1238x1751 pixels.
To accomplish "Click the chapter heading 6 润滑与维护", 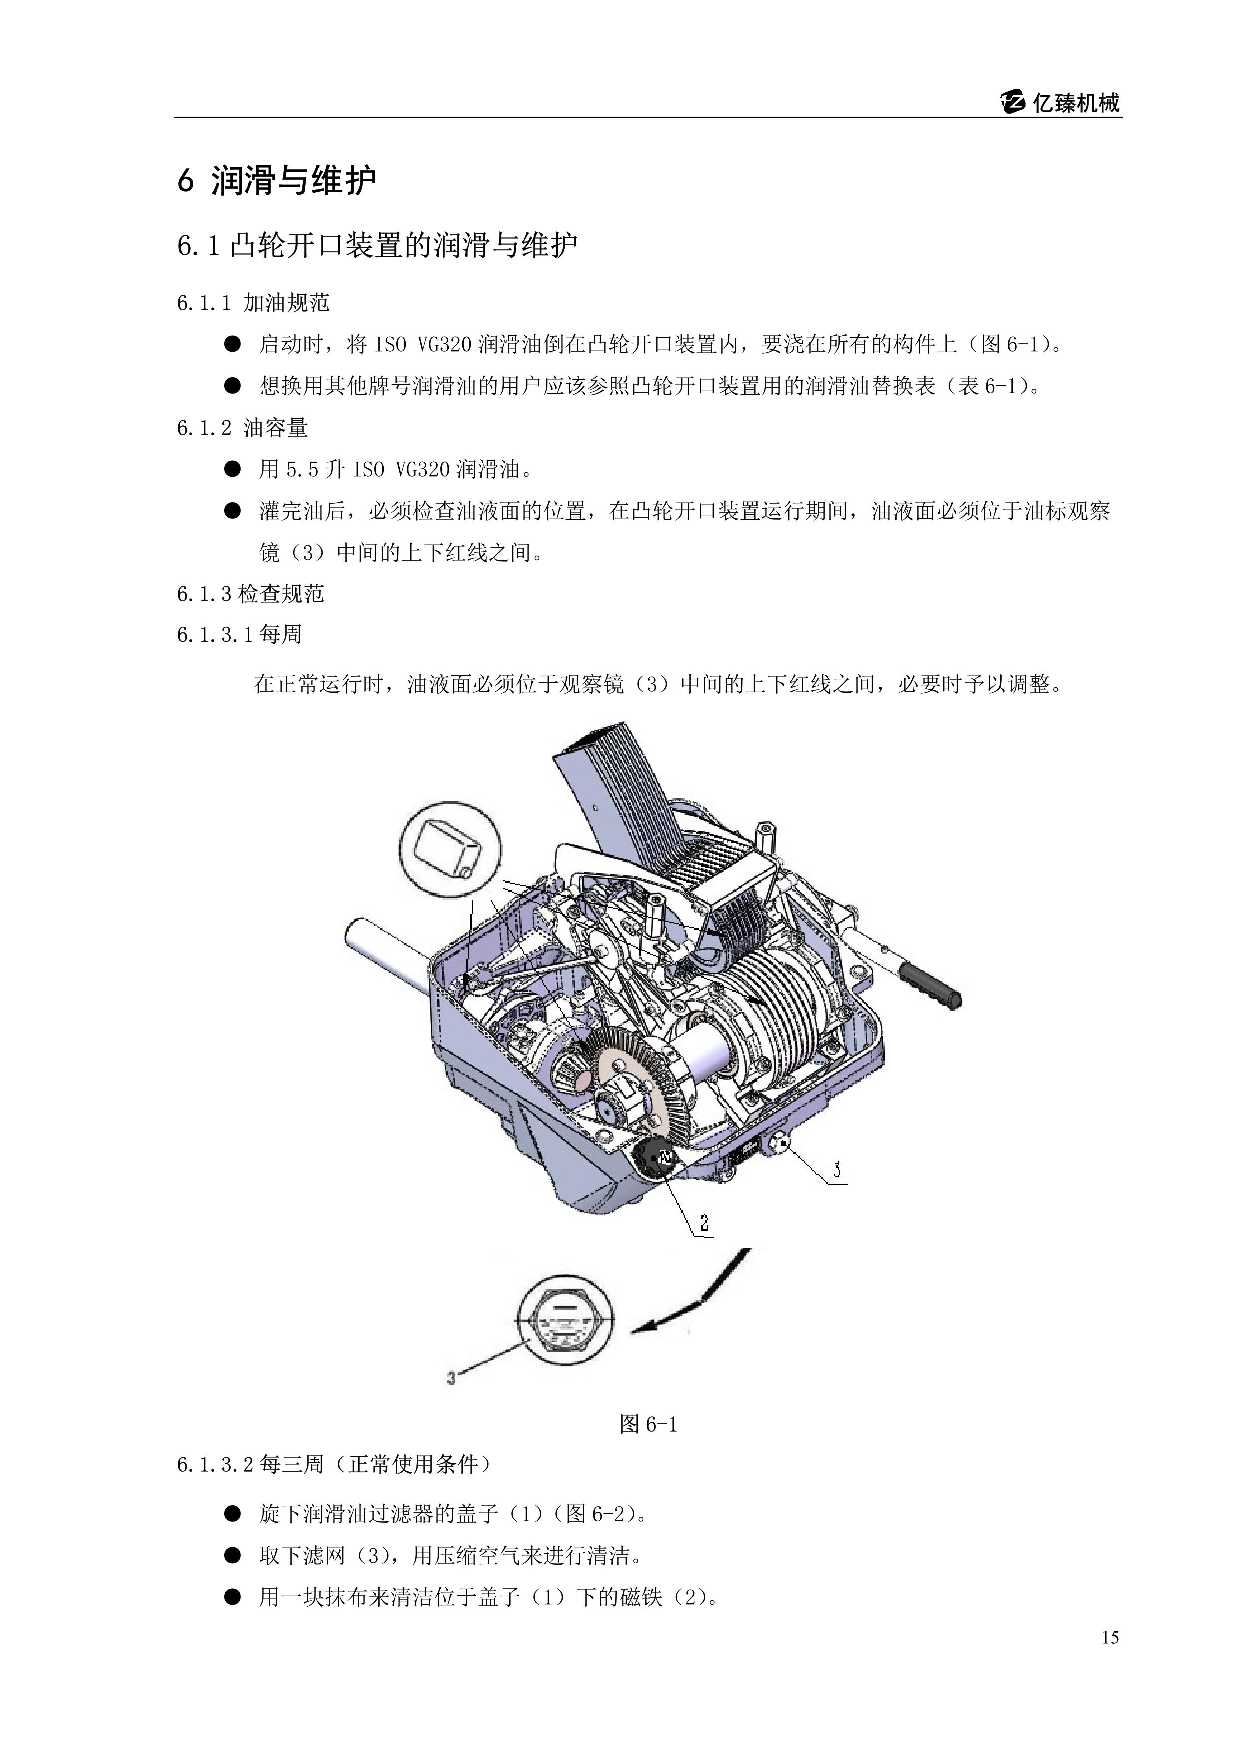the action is click(277, 181).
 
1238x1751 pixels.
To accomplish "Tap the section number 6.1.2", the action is click(204, 429).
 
